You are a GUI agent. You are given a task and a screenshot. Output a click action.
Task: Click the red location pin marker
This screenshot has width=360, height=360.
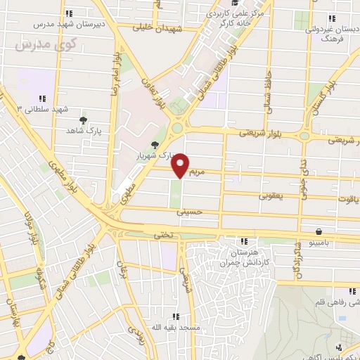[181, 165]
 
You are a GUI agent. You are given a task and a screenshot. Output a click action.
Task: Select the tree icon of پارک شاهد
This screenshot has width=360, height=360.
[83, 121]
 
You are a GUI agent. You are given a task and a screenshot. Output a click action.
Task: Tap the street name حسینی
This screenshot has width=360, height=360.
[191, 210]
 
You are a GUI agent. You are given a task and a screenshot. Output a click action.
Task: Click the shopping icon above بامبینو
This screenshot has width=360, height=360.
[320, 231]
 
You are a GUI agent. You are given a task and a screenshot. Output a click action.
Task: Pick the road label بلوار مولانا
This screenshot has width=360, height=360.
[31, 226]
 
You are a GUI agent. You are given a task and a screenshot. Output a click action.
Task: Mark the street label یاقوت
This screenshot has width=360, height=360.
[349, 199]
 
